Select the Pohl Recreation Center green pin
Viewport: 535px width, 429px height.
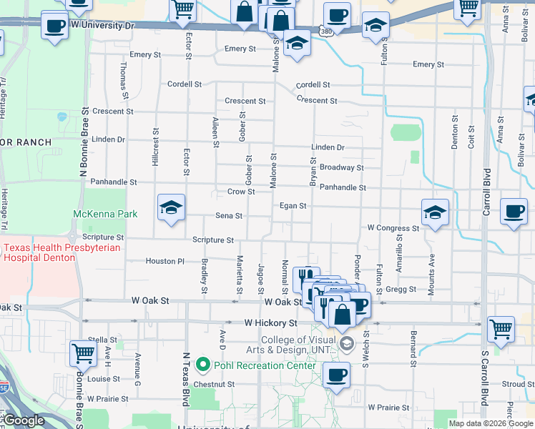202,365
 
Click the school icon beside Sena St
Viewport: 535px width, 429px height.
171,208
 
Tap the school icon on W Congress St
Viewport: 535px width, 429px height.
435,212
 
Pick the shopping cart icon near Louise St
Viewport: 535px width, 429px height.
84,353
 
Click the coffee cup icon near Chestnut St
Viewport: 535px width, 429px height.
336,375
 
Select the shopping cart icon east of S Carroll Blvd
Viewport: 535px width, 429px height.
501,330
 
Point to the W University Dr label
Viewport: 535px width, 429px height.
103,25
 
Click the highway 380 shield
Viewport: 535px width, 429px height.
325,32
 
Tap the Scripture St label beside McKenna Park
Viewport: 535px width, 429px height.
102,237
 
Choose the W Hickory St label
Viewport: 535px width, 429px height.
270,323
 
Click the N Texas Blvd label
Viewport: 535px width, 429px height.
185,379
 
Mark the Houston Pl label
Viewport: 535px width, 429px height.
165,262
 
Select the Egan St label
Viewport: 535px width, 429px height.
293,206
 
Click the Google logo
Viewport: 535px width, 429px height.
23,421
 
